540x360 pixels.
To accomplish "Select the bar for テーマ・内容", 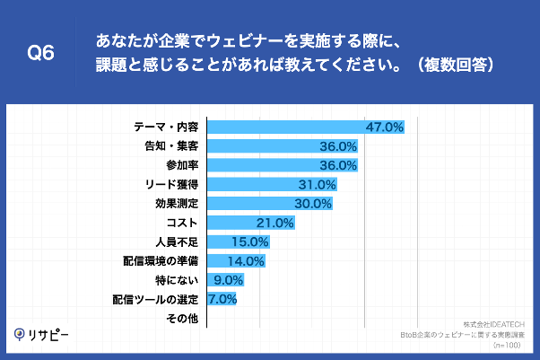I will tap(287, 127).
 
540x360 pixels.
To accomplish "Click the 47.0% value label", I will tap(385, 127).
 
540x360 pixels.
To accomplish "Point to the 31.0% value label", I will tap(316, 184).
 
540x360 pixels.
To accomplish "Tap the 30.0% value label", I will tap(312, 203).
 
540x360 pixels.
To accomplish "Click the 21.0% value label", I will tap(275, 223).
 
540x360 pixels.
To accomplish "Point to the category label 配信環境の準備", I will tap(161, 260).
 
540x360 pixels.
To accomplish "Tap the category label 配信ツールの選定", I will tap(155, 299).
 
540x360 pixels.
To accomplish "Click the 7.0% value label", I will tap(222, 299).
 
